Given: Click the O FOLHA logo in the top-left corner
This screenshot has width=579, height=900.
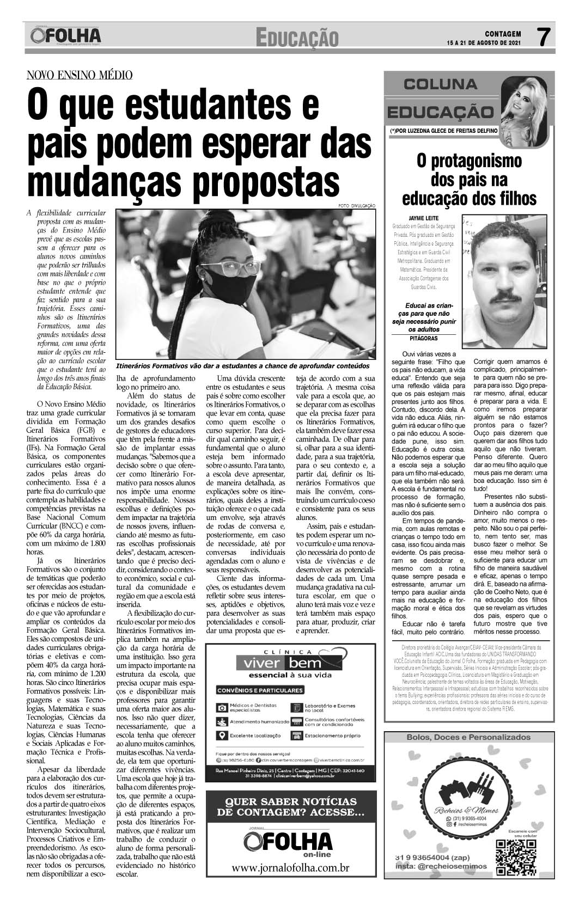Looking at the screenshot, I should click(x=66, y=36).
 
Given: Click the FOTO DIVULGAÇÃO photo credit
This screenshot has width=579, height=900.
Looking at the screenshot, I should click(x=357, y=205).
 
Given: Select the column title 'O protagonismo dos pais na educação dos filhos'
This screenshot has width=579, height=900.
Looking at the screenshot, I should click(x=468, y=179).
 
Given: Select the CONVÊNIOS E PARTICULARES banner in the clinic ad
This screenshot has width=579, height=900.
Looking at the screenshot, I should click(x=260, y=690).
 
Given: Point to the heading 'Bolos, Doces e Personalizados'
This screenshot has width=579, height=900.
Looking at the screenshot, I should click(x=468, y=737).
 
